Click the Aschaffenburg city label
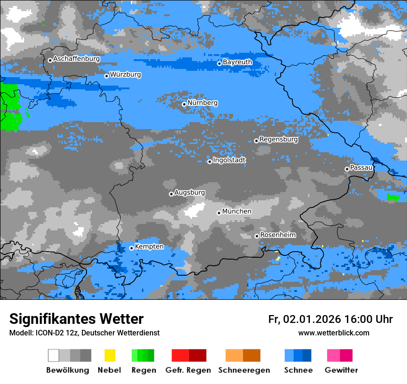pos(76,59)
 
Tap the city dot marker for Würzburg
pos(106,76)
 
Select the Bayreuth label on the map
pos(237,62)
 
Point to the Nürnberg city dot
pos(184,104)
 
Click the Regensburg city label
pos(278,139)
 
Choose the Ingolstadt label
pos(229,160)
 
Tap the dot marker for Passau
pos(347,169)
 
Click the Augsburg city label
pos(190,192)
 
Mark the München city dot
pos(219,213)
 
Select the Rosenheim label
pos(277,235)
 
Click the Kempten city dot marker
pos(131,248)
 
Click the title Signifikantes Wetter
pos(76,319)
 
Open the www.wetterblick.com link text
pos(333,333)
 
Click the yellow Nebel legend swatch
pos(110,355)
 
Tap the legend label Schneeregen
pos(244,370)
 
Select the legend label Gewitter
pos(341,370)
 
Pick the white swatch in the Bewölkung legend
pos(54,355)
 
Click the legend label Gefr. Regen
pos(188,370)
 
